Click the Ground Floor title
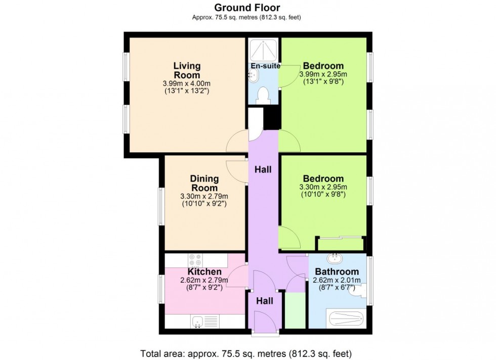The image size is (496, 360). coord(247,7)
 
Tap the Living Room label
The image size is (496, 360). coord(187,71)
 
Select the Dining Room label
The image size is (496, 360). coord(204,183)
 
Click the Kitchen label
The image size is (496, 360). coord(204,272)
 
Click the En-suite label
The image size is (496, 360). coord(265,66)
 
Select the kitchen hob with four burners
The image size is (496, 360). coord(195,260)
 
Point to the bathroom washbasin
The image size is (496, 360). coord(335,259)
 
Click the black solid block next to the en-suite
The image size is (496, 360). coord(272,119)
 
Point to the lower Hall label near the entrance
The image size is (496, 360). coord(264,301)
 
